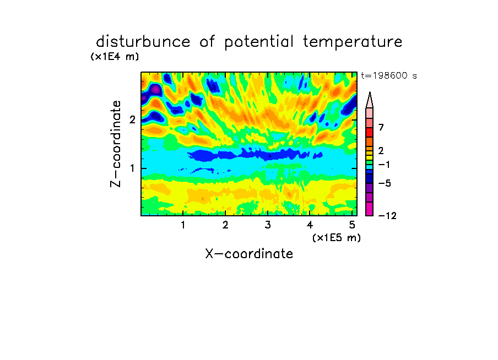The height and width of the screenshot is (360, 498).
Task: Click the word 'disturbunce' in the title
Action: coord(143,42)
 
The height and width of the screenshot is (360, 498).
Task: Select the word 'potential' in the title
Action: coord(259,42)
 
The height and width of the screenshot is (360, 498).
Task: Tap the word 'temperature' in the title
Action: coord(353,42)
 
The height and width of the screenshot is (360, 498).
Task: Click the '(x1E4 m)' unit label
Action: coord(115,57)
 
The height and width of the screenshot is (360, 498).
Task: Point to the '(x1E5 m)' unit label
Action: coord(337,237)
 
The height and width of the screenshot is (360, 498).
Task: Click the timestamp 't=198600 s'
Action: coord(389,75)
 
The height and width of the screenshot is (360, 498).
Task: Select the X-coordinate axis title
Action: coord(249,254)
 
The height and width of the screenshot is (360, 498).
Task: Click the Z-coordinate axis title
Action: coord(116,144)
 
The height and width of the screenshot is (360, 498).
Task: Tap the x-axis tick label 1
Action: coord(183,225)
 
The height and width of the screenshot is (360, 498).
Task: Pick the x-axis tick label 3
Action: coord(267,225)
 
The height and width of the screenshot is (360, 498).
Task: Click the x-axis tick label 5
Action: coord(352,225)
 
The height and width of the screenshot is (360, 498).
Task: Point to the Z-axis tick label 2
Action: coord(132,119)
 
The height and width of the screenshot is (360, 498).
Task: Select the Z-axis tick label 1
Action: coord(132,168)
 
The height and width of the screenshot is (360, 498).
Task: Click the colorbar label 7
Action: coord(381,127)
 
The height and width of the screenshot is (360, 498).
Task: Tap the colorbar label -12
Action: coord(387,216)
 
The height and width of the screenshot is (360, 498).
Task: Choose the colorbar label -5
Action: coord(385,183)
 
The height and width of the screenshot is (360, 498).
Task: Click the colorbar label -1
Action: coord(384,165)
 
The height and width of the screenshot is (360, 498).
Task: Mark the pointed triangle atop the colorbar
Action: coord(370,100)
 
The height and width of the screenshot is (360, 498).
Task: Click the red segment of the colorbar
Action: coord(370,132)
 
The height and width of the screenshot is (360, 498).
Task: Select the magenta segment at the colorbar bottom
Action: coord(370,209)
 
